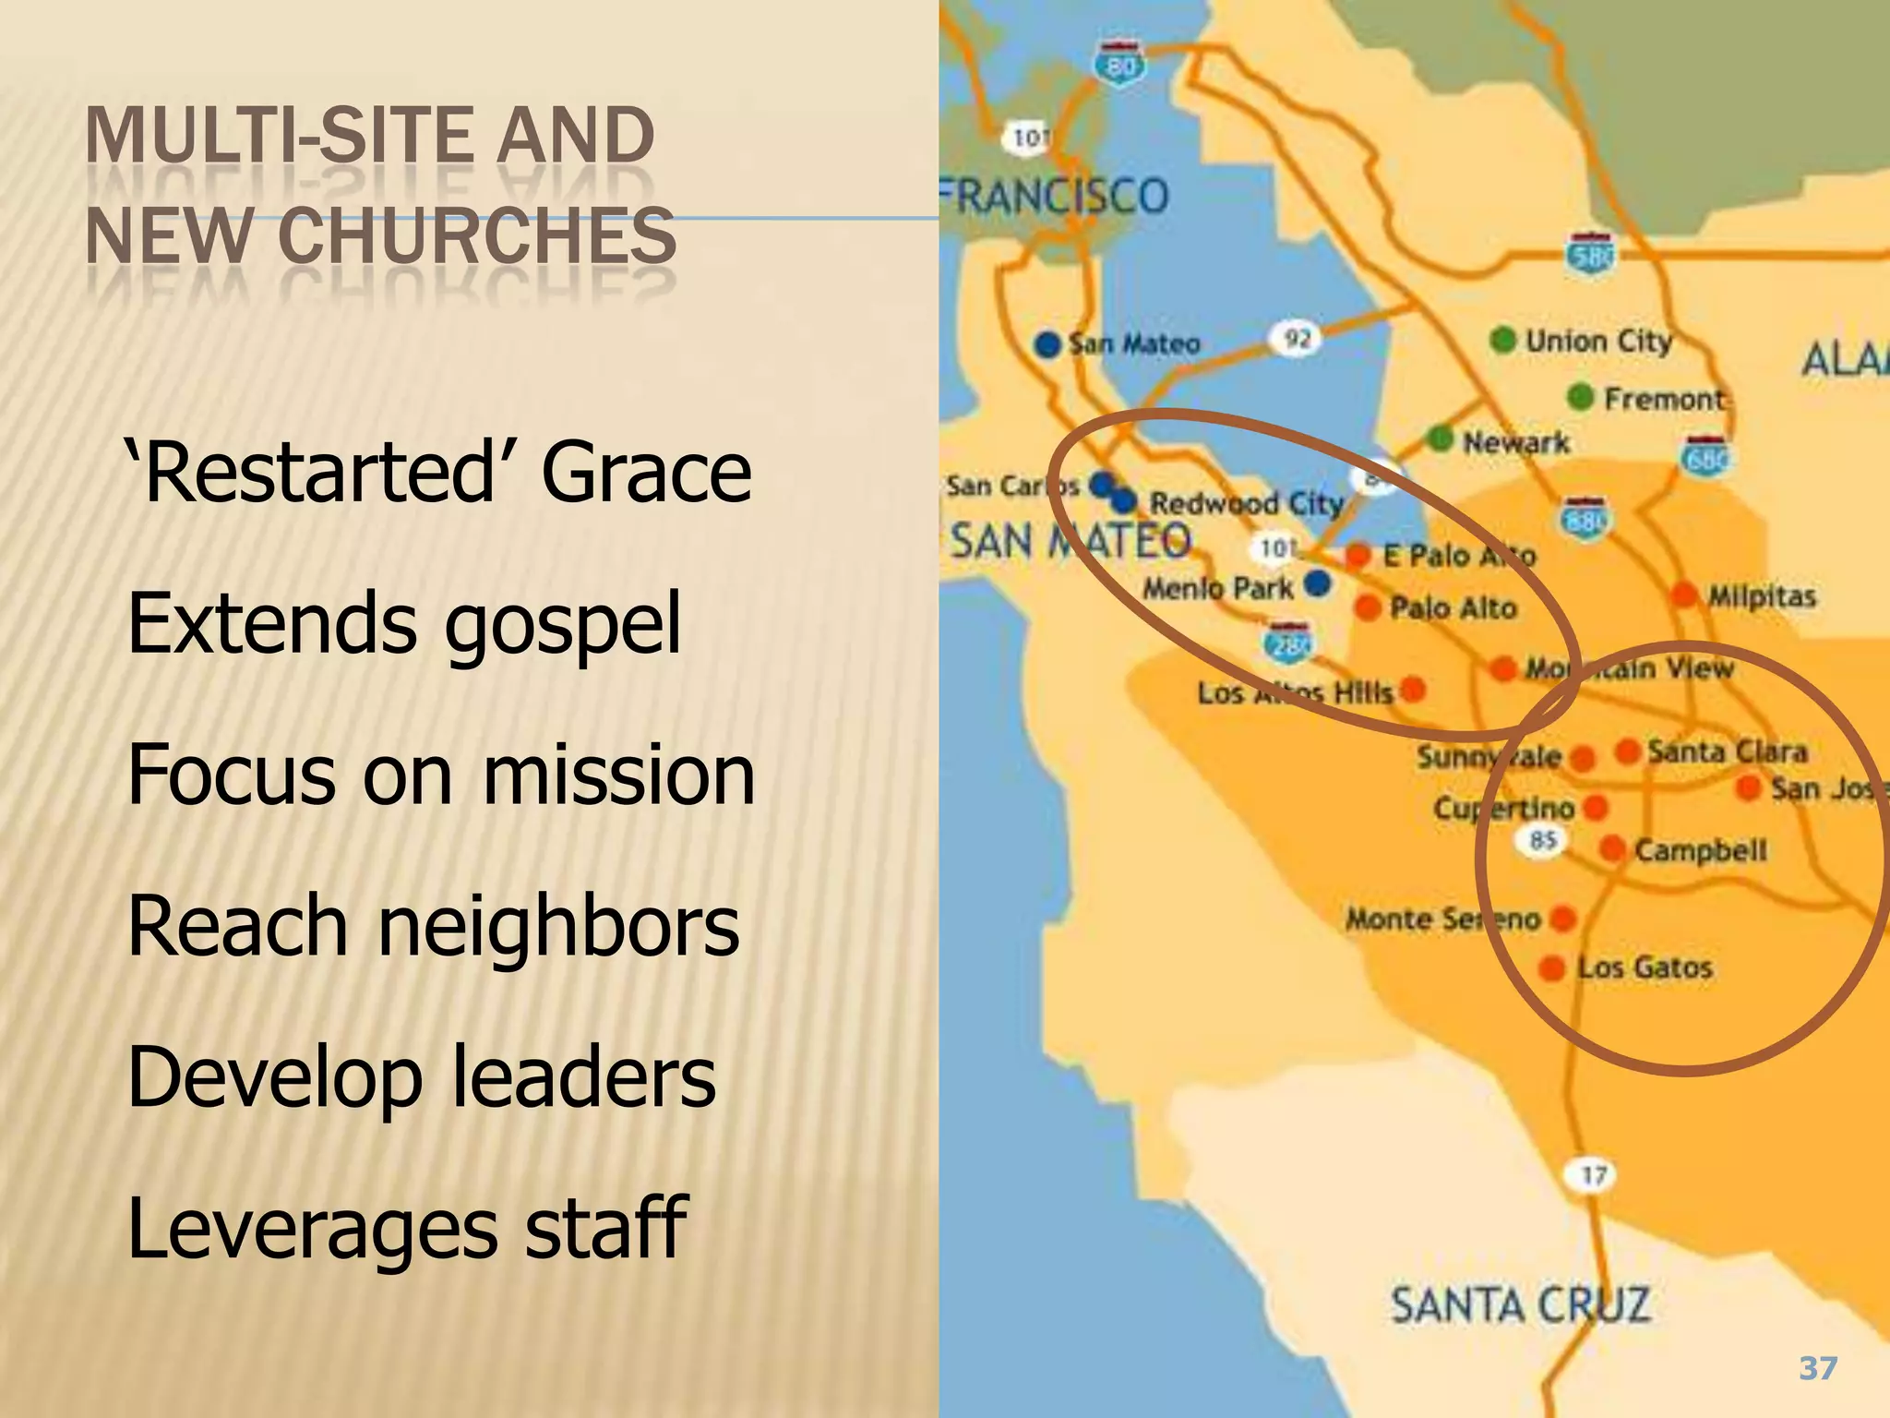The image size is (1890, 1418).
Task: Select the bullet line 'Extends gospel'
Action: pos(404,624)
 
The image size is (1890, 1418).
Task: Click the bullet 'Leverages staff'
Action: pos(407,1227)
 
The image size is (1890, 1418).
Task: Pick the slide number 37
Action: pos(1818,1367)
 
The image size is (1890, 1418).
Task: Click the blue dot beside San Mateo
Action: pos(1047,344)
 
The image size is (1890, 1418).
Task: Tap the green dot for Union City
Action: pos(1503,340)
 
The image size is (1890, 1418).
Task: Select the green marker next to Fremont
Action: pos(1581,397)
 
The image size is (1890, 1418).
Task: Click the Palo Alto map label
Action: pos(1453,608)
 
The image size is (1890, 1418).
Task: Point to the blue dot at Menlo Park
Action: pos(1319,583)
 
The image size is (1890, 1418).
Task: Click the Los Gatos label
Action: pos(1645,967)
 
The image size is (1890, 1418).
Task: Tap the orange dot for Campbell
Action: pos(1612,848)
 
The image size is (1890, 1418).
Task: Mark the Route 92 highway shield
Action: pos(1298,339)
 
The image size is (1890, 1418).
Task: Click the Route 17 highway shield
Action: pos(1594,1175)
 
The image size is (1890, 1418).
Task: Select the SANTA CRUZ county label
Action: pos(1520,1305)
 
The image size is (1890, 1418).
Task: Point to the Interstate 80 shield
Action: pos(1120,63)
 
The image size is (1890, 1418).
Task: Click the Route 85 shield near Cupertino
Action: pos(1543,840)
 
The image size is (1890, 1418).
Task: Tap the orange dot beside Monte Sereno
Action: pos(1563,918)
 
